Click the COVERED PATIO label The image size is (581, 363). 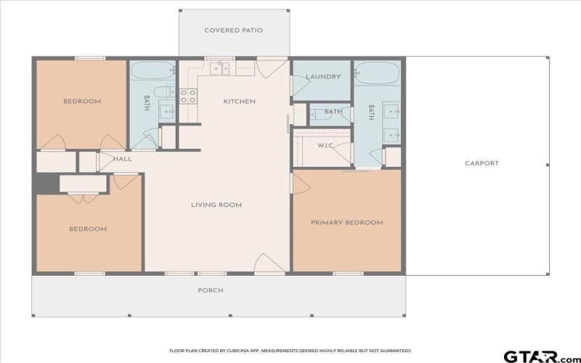[233, 30]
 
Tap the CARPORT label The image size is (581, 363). [482, 163]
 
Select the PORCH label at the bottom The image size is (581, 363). [211, 290]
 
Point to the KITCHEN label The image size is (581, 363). [239, 102]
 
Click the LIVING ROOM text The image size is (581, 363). [216, 205]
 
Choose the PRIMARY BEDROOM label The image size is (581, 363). [346, 222]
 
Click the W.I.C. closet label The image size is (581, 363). [325, 145]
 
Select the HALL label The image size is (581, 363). [122, 158]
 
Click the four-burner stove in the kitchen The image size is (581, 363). [188, 96]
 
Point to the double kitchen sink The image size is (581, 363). [219, 68]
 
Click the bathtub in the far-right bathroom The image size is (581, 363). [378, 73]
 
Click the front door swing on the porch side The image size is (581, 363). [269, 264]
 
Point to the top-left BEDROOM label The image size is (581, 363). [81, 101]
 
